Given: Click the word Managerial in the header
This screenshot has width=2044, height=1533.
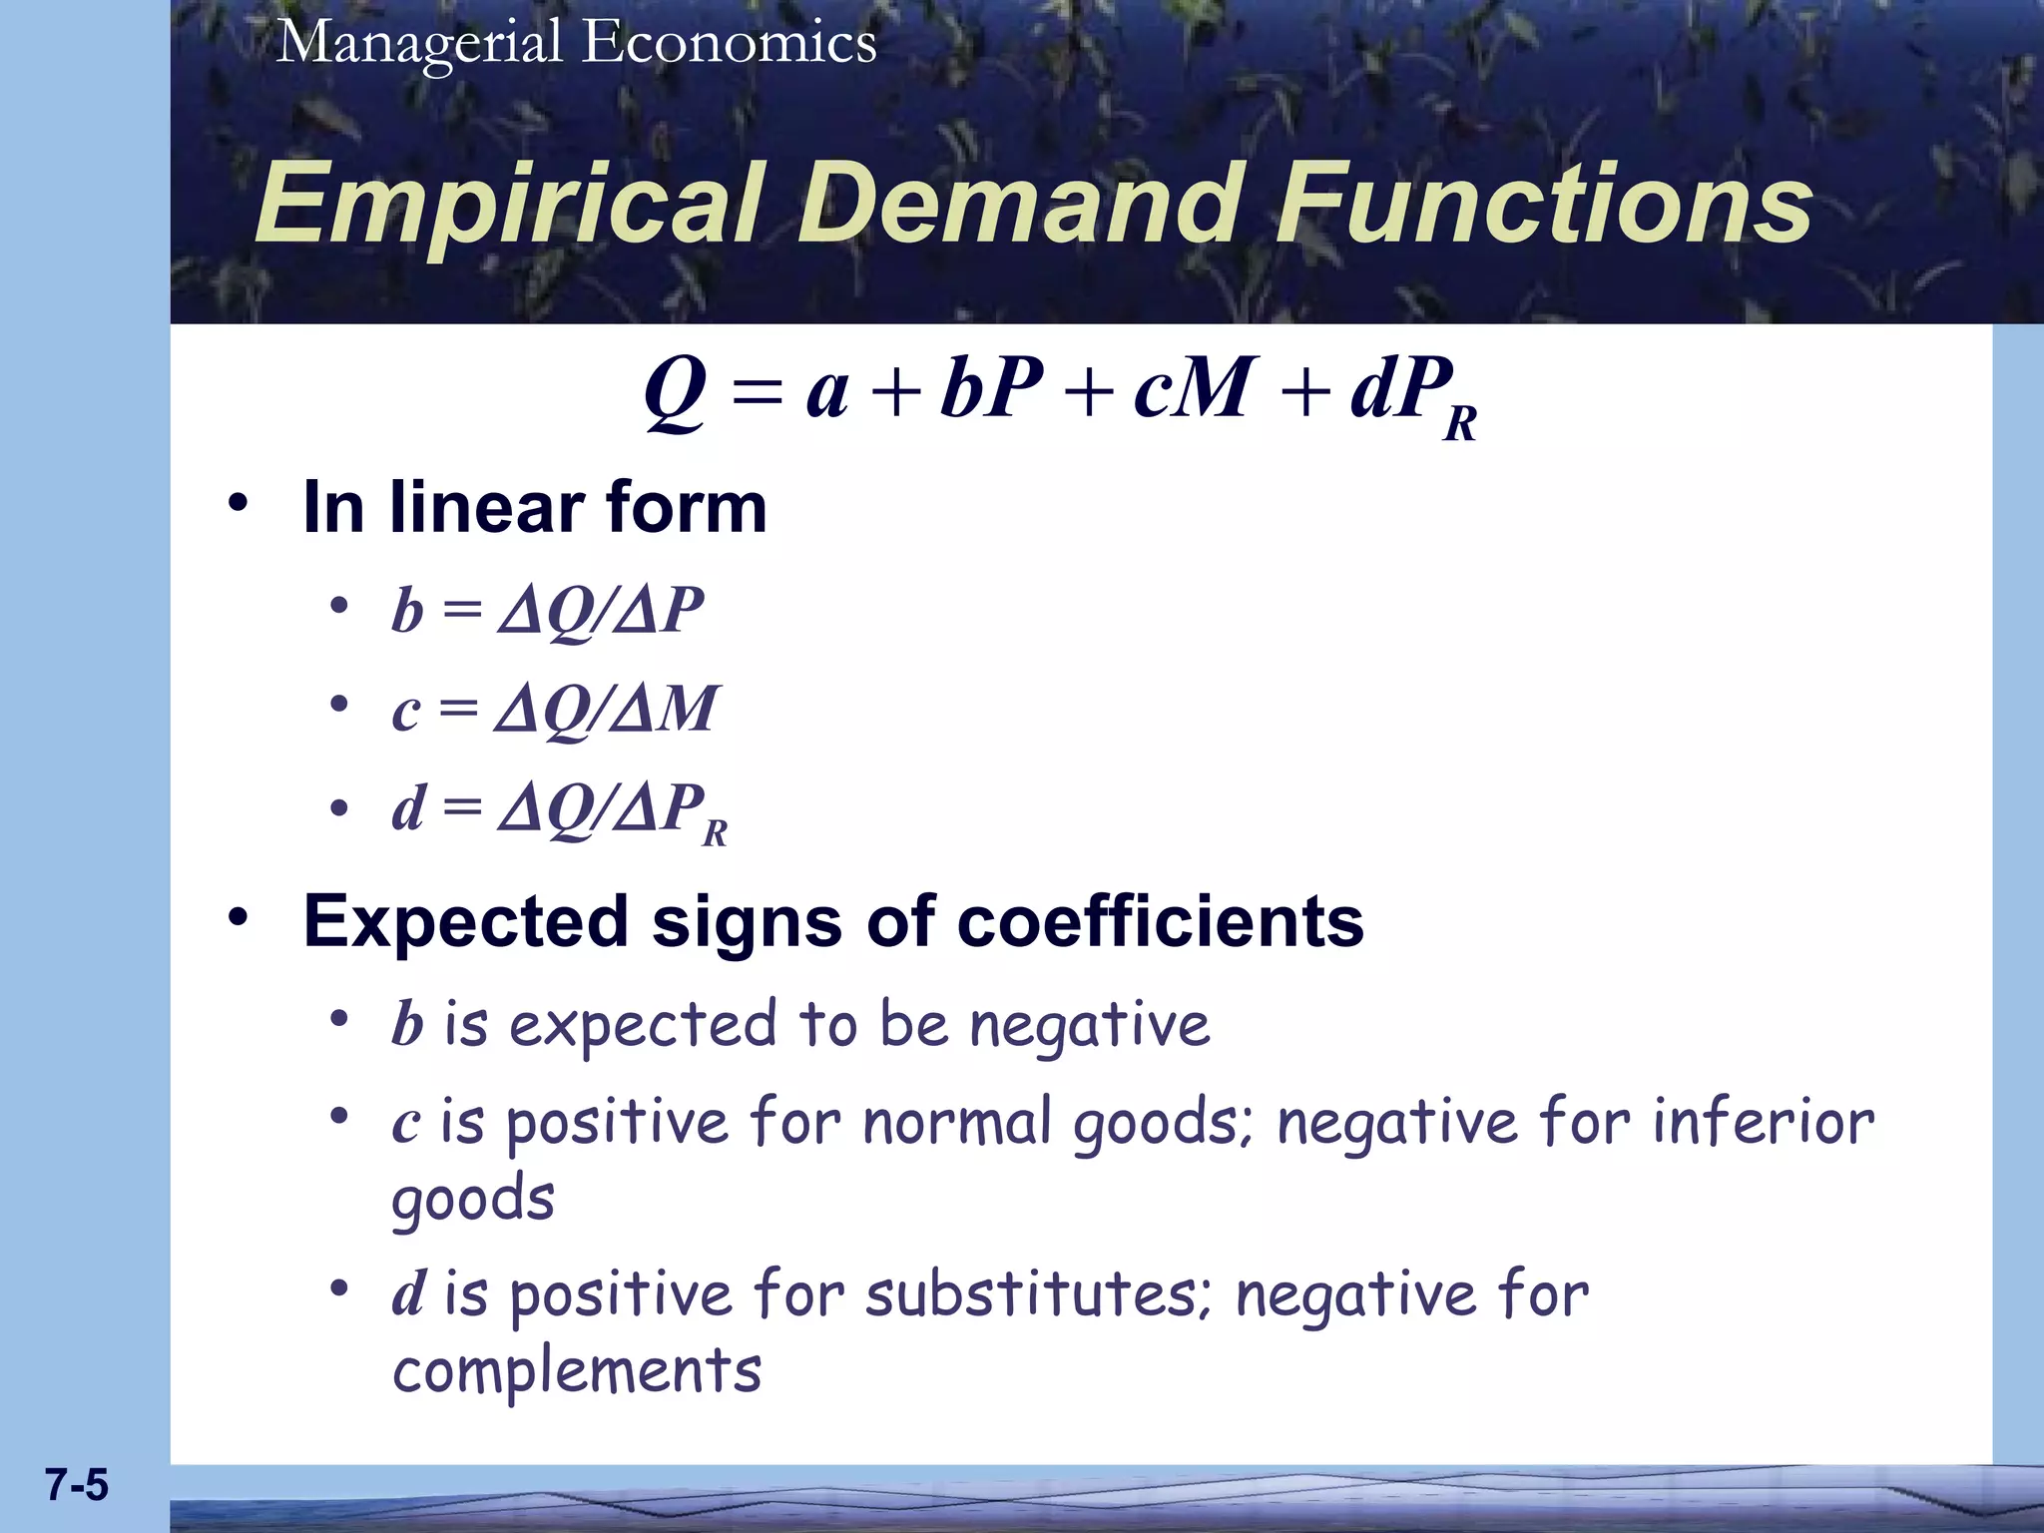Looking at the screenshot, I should tap(419, 44).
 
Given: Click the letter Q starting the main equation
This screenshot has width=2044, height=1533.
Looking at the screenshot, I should tap(676, 391).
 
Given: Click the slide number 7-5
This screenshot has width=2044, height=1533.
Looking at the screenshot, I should tap(76, 1485).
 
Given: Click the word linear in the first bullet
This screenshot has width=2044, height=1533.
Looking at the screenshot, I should tap(486, 508).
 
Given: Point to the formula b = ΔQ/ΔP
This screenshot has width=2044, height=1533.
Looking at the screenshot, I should tap(547, 610).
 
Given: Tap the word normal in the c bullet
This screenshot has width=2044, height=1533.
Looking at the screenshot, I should tap(957, 1122).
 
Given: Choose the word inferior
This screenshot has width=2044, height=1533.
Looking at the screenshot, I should tap(1763, 1122).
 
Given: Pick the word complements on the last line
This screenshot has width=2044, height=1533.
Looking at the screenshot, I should tap(577, 1371).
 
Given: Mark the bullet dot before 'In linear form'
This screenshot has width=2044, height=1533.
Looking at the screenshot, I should tap(237, 502).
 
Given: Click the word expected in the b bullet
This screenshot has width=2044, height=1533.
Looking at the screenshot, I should tap(642, 1025).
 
